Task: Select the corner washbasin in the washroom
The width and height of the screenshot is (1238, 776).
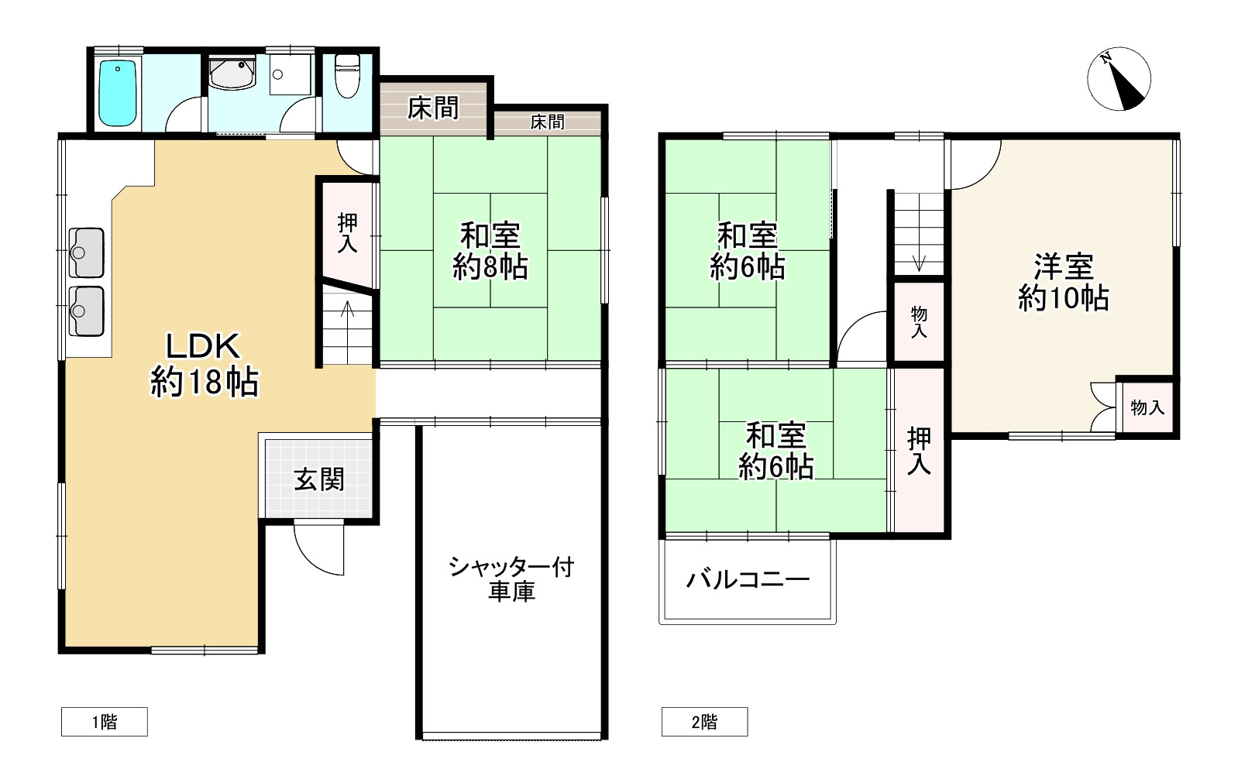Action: (232, 74)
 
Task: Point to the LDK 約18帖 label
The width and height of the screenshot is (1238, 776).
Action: (204, 364)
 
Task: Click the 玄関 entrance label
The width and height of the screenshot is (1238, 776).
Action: (318, 479)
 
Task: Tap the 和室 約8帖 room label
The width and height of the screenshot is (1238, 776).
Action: (490, 250)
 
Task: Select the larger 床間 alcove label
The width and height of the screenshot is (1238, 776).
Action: (433, 108)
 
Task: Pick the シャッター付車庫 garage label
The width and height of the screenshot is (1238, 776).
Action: (511, 579)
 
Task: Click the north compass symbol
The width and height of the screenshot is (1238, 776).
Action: (1119, 79)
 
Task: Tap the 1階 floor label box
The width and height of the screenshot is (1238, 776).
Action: (104, 722)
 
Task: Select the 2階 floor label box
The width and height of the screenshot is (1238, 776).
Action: (704, 722)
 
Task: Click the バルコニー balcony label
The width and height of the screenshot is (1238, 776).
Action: (748, 579)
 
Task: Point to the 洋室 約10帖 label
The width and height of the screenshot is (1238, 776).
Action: (1063, 282)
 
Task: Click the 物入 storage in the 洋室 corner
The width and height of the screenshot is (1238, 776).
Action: (1147, 407)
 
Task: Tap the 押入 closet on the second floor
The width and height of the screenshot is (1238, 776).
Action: (919, 451)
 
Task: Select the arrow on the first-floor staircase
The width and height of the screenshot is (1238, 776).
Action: (348, 310)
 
